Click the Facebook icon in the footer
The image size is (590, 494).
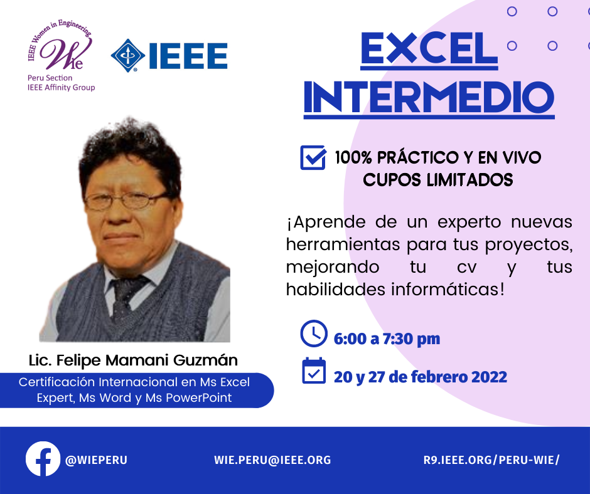tap(43, 459)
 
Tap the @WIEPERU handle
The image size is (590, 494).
tap(96, 460)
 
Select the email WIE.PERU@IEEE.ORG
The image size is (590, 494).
tap(272, 460)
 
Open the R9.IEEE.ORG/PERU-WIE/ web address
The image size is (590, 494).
tap(491, 460)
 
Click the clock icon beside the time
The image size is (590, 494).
tap(314, 334)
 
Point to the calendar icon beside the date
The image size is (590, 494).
tap(314, 370)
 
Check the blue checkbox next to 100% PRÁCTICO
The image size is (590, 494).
tap(313, 157)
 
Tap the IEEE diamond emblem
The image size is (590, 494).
tap(128, 56)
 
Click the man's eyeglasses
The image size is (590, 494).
tap(124, 201)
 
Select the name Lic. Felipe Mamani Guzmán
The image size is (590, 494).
tap(133, 360)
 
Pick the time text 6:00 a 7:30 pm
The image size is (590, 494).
tap(387, 339)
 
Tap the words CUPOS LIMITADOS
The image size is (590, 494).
tap(438, 180)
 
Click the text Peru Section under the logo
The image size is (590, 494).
tap(50, 78)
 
